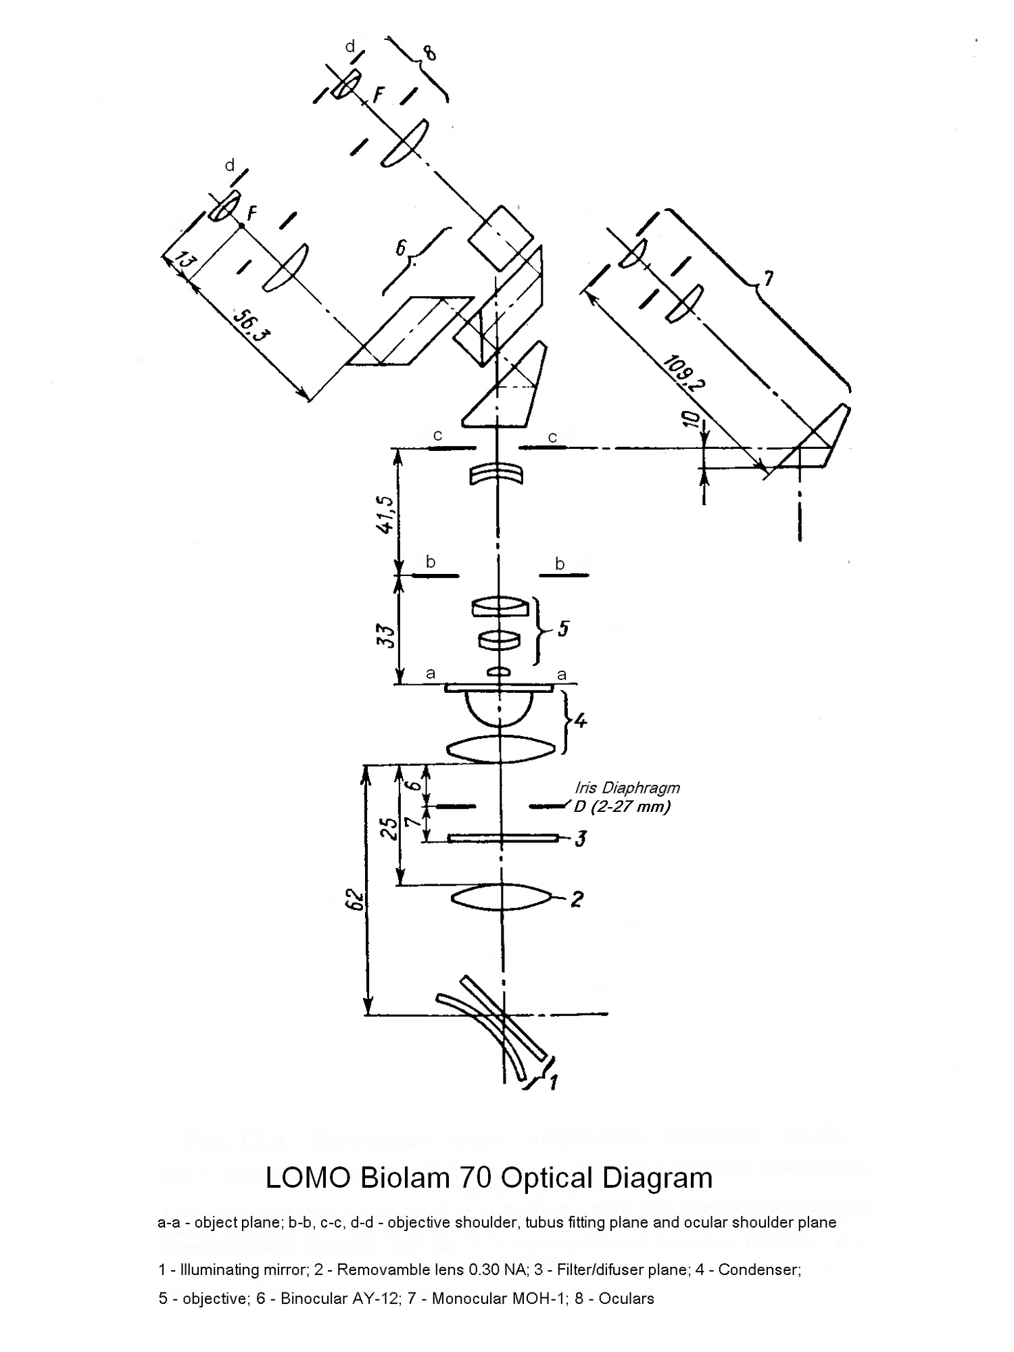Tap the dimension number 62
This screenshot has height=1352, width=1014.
click(x=356, y=899)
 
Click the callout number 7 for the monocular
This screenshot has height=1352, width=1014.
click(x=769, y=278)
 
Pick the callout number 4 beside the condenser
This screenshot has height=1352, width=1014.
click(x=580, y=721)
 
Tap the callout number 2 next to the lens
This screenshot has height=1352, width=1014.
click(x=577, y=899)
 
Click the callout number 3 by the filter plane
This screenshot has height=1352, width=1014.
click(x=580, y=839)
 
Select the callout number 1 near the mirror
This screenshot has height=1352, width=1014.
click(x=553, y=1082)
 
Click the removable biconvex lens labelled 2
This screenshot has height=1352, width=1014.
click(x=500, y=898)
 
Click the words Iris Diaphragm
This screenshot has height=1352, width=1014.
click(x=627, y=788)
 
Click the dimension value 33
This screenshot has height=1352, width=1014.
click(x=386, y=636)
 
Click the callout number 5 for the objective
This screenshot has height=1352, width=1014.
click(x=562, y=629)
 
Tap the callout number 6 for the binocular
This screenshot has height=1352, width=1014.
click(x=402, y=249)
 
